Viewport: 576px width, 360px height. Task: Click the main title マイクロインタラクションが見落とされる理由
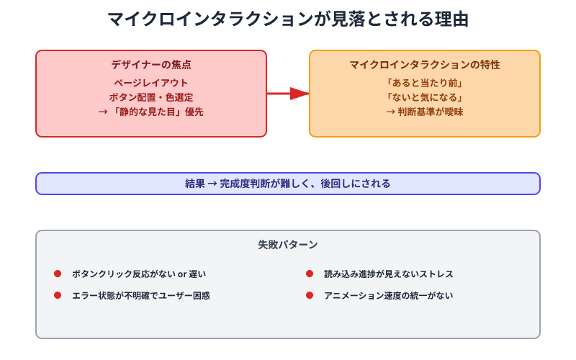[288, 19]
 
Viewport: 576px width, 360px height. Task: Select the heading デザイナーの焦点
[151, 65]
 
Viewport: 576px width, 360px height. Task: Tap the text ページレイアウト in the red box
[151, 82]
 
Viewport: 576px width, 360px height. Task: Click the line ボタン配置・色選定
[151, 97]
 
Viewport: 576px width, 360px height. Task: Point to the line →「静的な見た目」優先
[151, 112]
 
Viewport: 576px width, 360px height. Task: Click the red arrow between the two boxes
[288, 93]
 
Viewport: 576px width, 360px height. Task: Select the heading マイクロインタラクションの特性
[425, 65]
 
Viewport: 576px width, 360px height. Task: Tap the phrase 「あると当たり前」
[425, 82]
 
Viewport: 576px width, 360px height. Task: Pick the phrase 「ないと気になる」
[425, 97]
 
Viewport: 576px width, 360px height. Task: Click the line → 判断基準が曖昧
[425, 112]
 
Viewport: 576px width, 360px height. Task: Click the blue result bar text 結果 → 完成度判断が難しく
[288, 184]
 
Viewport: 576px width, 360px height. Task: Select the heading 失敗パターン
[288, 245]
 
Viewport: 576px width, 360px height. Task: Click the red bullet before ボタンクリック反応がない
[58, 274]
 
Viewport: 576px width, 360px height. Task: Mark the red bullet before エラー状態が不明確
[58, 295]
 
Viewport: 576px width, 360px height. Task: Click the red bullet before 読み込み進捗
[310, 274]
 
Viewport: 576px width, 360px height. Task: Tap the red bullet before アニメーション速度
[310, 295]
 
